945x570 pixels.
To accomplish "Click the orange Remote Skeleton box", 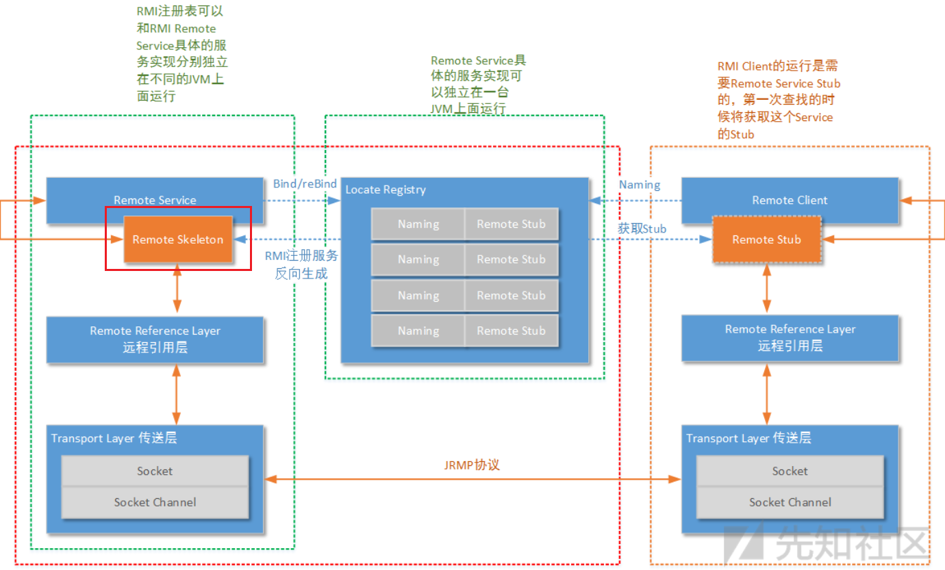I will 178,239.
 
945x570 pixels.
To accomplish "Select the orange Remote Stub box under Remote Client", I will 766,239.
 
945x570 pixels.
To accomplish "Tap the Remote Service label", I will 155,200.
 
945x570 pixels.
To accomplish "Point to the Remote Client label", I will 790,200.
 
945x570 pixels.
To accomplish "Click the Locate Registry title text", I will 386,190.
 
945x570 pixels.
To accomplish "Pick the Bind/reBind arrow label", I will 305,183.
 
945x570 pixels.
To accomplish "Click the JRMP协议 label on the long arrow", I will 472,465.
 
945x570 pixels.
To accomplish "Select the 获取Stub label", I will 642,229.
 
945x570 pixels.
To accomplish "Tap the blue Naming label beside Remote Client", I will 640,184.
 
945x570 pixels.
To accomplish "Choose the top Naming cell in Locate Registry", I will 418,224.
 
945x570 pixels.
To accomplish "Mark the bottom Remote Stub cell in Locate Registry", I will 511,331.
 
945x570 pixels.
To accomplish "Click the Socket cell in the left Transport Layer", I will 155,471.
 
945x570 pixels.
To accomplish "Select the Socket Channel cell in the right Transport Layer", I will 790,502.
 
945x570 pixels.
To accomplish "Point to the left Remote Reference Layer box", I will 155,339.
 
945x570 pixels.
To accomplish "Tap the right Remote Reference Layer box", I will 790,338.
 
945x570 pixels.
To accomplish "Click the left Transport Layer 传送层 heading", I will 114,438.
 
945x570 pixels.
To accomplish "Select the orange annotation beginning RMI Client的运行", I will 778,100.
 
